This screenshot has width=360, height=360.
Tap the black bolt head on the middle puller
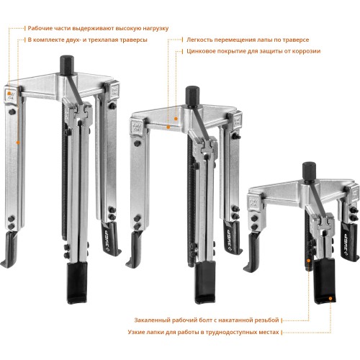click(x=192, y=96)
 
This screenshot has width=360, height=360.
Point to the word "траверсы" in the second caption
click(x=135, y=40)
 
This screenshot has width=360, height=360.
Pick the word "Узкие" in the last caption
click(x=135, y=332)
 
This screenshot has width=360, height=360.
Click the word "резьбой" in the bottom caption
click(x=268, y=320)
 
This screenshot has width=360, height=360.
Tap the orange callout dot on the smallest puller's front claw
click(x=330, y=298)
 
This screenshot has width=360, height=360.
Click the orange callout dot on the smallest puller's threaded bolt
click(x=309, y=261)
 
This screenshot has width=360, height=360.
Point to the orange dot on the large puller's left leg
click(x=18, y=143)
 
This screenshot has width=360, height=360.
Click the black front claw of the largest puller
click(x=77, y=283)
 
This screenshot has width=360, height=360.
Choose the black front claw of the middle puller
click(x=205, y=283)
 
